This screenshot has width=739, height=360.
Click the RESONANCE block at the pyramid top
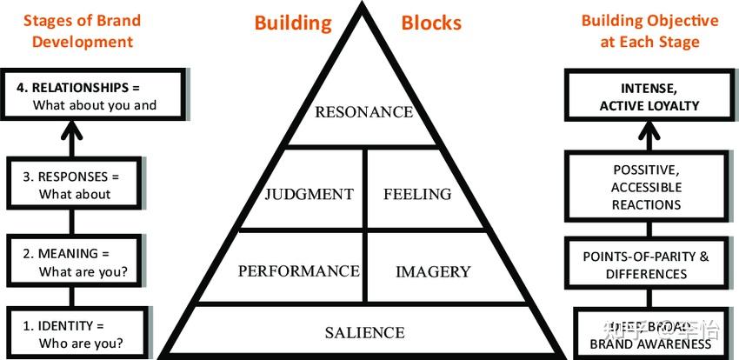tap(363, 112)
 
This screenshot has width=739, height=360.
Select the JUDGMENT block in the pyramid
tap(309, 194)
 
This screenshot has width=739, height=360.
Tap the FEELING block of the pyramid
tap(417, 194)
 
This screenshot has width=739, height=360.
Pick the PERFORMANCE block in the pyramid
tap(298, 270)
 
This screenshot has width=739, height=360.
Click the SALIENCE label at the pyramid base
tap(364, 332)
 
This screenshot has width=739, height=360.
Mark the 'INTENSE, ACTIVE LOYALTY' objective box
tap(649, 97)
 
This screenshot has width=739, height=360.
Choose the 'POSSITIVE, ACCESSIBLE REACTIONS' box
tap(647, 187)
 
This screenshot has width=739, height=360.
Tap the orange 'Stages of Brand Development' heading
tap(78, 31)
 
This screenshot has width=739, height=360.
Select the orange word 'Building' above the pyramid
tap(293, 23)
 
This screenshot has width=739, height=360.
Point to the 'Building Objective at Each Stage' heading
tap(650, 30)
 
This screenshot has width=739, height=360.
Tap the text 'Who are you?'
tap(81, 343)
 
